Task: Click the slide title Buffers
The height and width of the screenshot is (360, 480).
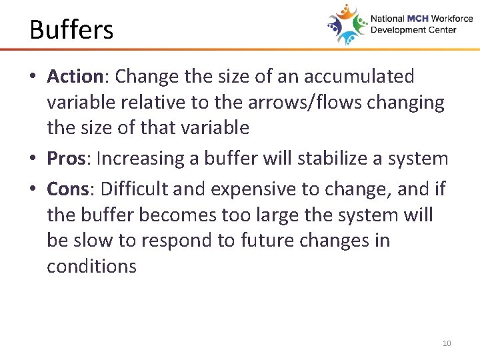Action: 71,30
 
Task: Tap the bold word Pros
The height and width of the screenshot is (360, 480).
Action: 66,159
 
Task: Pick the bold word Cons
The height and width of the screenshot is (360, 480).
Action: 68,189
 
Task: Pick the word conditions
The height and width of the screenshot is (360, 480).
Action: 91,266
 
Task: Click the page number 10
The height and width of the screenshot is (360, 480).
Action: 446,343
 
